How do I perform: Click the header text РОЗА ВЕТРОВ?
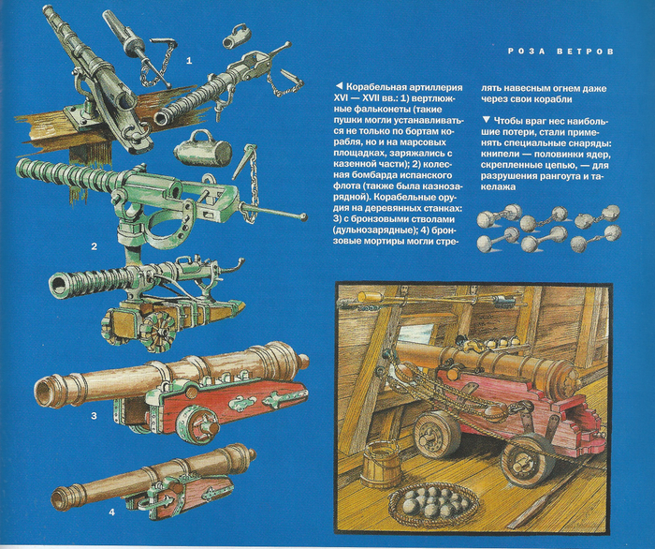point(561,52)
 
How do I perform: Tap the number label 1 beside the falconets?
point(189,61)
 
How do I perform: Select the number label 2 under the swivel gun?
point(94,246)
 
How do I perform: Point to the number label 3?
point(94,416)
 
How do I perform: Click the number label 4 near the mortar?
point(111,512)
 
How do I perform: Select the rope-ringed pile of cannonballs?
point(434,503)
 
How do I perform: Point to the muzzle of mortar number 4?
point(58,498)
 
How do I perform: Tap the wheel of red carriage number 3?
point(196,424)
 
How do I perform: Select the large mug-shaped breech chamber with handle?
point(202,148)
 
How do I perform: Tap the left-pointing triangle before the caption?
point(339,86)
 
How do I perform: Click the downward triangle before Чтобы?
point(486,120)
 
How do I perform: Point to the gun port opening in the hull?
point(417,332)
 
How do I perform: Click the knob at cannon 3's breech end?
point(303,360)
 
